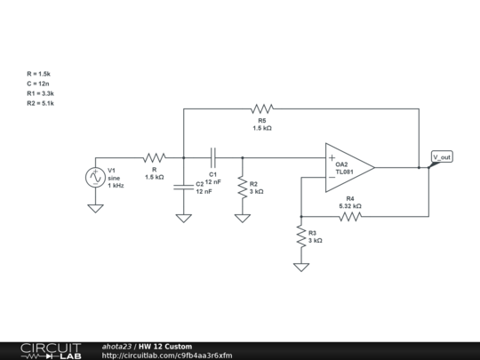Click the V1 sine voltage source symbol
click(94, 177)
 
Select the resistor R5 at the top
click(261, 108)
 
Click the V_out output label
click(442, 157)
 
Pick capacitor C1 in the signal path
click(212, 157)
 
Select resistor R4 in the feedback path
click(350, 215)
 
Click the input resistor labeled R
click(154, 157)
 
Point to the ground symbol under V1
click(94, 209)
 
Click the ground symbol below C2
click(183, 217)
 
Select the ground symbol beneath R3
click(301, 266)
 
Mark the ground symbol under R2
click(242, 217)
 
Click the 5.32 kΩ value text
click(350, 206)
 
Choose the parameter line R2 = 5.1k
click(42, 104)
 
